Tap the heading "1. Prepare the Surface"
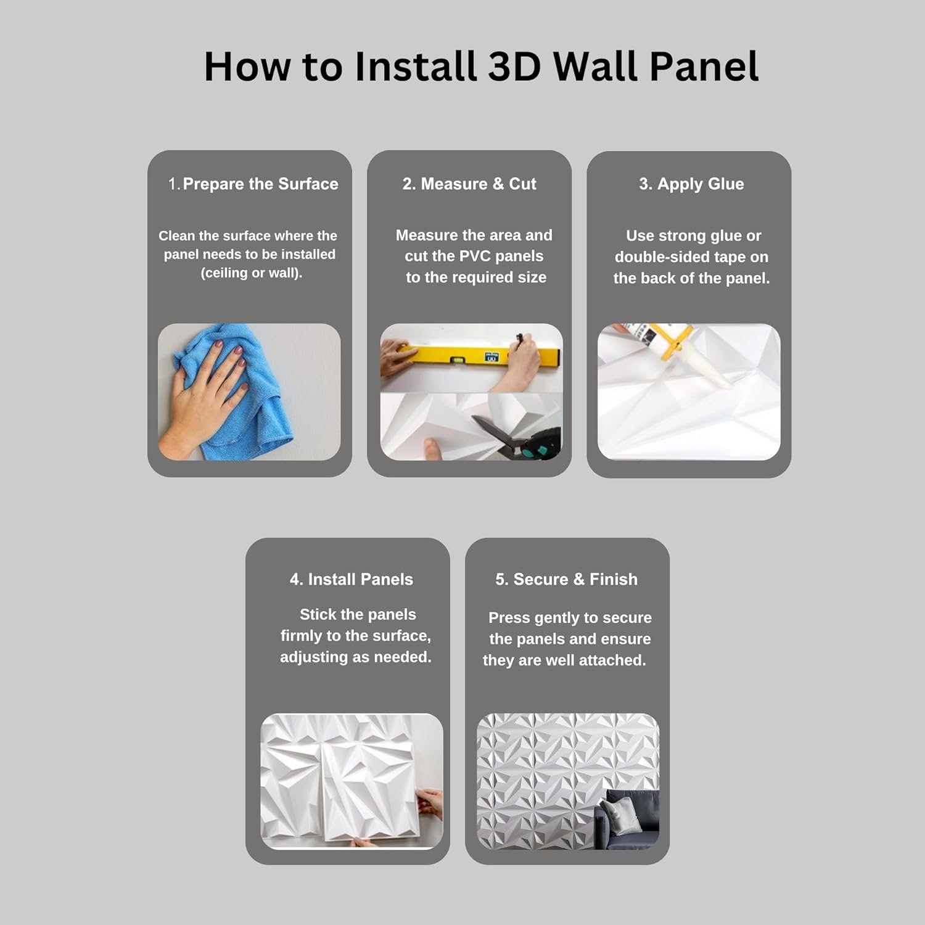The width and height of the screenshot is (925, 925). [253, 184]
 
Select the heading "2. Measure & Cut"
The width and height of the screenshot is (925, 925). [469, 184]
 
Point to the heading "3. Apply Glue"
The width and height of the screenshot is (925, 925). [691, 184]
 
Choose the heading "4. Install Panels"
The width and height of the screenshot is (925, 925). [351, 579]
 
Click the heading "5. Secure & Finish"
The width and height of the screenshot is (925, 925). [567, 579]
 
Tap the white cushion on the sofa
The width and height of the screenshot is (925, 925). [620, 813]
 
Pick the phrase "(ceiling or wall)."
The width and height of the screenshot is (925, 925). [252, 273]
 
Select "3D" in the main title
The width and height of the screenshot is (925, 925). [514, 65]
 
